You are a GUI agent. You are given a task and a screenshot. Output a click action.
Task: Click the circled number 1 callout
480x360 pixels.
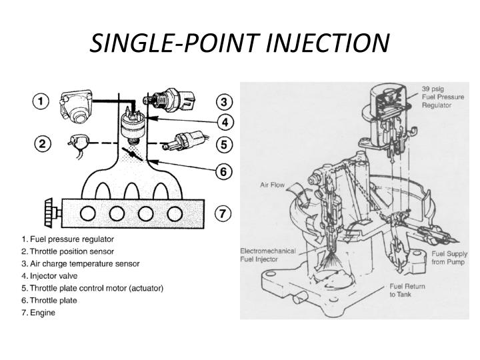42,102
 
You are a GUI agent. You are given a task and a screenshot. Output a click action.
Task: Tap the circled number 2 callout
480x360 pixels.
42,143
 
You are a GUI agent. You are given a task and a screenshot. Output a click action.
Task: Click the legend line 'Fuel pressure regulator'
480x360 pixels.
68,239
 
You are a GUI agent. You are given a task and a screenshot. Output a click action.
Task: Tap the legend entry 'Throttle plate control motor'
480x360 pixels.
93,288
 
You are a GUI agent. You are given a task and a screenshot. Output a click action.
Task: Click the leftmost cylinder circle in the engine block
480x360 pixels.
87,214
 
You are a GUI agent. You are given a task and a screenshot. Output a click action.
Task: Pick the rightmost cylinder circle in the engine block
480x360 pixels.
175,214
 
